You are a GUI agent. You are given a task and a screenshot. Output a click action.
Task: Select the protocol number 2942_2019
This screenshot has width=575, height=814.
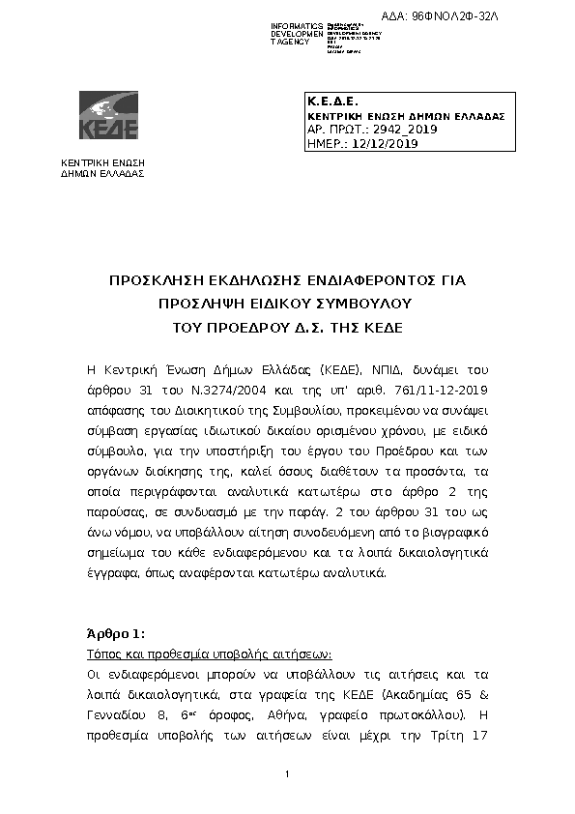[x=382, y=129]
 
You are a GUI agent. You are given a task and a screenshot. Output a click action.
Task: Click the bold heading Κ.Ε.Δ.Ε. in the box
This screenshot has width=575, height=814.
[x=332, y=102]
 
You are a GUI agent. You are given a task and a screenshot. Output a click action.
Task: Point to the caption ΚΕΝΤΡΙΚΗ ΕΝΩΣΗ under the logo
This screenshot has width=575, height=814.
[x=102, y=162]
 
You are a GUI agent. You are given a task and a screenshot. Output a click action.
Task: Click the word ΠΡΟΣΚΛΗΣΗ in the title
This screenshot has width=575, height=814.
[x=157, y=281]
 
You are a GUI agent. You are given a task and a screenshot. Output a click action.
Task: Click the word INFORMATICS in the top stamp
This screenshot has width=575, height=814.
[x=297, y=26]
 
